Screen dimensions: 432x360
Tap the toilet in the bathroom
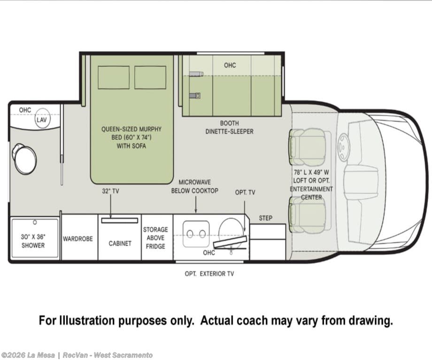(24, 158)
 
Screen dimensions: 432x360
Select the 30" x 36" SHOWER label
(33, 241)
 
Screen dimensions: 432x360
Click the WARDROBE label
(77, 239)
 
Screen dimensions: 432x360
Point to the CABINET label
(120, 244)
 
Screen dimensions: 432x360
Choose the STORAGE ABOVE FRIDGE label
(155, 238)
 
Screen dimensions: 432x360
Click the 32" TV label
(110, 191)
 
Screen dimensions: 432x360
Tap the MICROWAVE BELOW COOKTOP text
(195, 186)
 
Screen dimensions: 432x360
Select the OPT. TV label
(245, 192)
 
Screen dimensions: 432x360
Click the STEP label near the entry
(266, 218)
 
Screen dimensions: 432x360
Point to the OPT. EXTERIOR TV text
(209, 274)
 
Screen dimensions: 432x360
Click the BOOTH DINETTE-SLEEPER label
(230, 127)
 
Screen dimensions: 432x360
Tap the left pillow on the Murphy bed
(114, 77)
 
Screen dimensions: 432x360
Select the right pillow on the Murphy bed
(150, 77)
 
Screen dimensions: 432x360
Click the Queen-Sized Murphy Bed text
(131, 138)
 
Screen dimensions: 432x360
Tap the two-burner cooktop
(196, 234)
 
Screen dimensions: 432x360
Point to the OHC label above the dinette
(230, 65)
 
